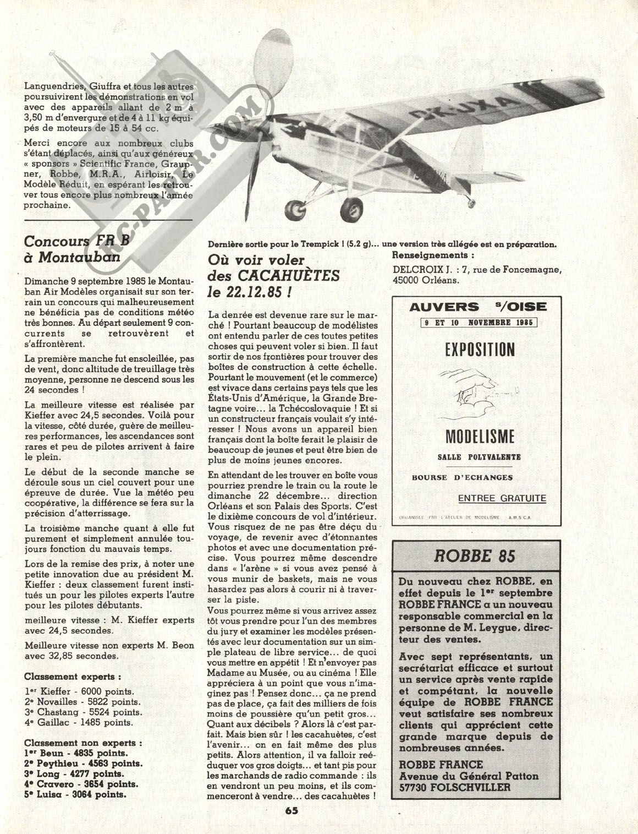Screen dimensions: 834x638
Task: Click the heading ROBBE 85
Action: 475,555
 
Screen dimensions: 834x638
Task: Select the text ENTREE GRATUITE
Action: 502,499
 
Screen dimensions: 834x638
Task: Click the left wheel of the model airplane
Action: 295,209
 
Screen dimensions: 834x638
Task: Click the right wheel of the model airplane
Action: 350,208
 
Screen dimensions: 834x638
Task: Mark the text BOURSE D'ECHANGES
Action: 462,477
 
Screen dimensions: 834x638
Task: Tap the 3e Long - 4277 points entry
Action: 74,773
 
